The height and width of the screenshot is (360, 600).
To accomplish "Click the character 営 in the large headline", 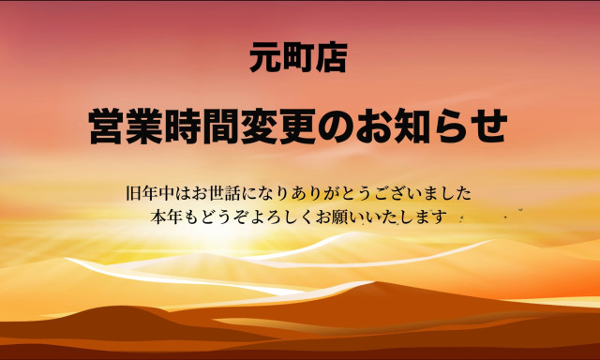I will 108,127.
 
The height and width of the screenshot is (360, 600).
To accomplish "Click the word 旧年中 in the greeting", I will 151,194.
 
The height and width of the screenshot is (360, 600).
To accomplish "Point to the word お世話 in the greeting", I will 217,194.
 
